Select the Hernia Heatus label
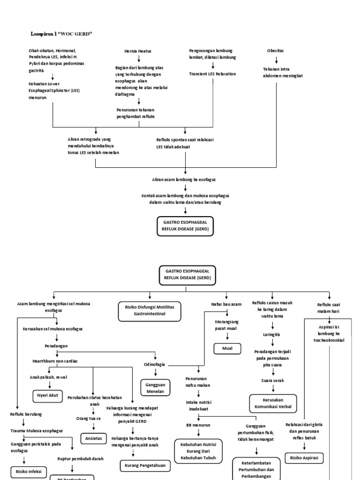[138, 51]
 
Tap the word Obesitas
[276, 51]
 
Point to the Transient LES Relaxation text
[212, 74]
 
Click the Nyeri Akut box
[47, 395]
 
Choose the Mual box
[227, 348]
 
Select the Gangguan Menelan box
[155, 388]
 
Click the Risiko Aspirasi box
[304, 457]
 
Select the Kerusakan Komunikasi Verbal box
[272, 403]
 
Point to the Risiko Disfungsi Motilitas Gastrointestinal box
[149, 311]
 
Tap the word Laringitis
[272, 334]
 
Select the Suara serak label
[272, 380]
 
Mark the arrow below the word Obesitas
[276, 60]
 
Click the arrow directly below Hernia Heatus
[139, 59]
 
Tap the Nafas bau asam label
[226, 304]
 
